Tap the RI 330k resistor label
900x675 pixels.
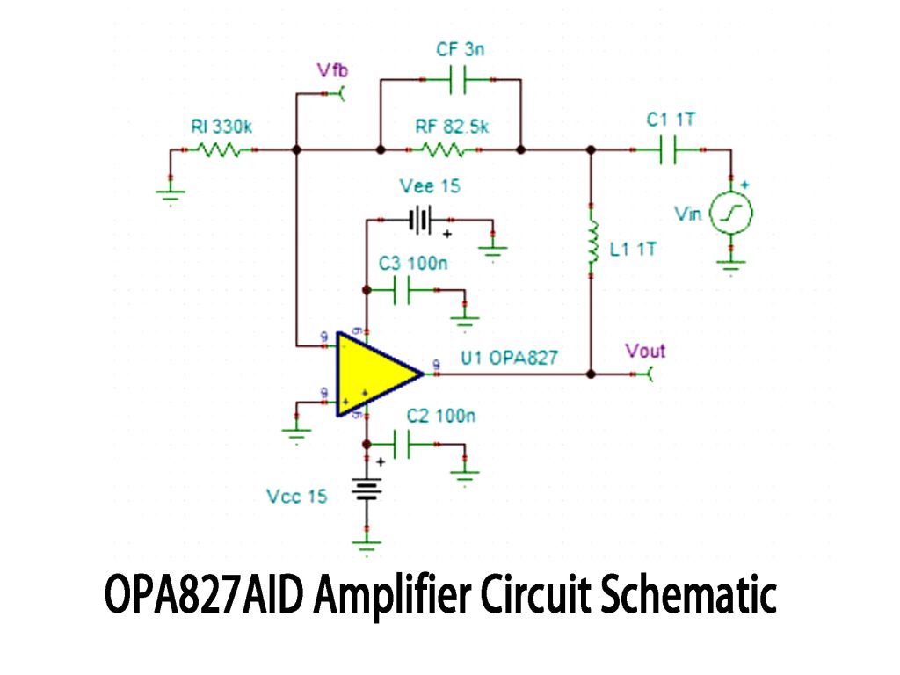221,127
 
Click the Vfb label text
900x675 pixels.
333,71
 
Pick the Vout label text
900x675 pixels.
645,351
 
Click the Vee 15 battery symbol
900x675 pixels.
422,219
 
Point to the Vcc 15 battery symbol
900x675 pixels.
367,489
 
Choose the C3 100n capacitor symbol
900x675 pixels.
402,290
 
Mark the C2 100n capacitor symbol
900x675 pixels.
402,445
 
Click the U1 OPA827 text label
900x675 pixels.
509,357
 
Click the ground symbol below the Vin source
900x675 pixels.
730,262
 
